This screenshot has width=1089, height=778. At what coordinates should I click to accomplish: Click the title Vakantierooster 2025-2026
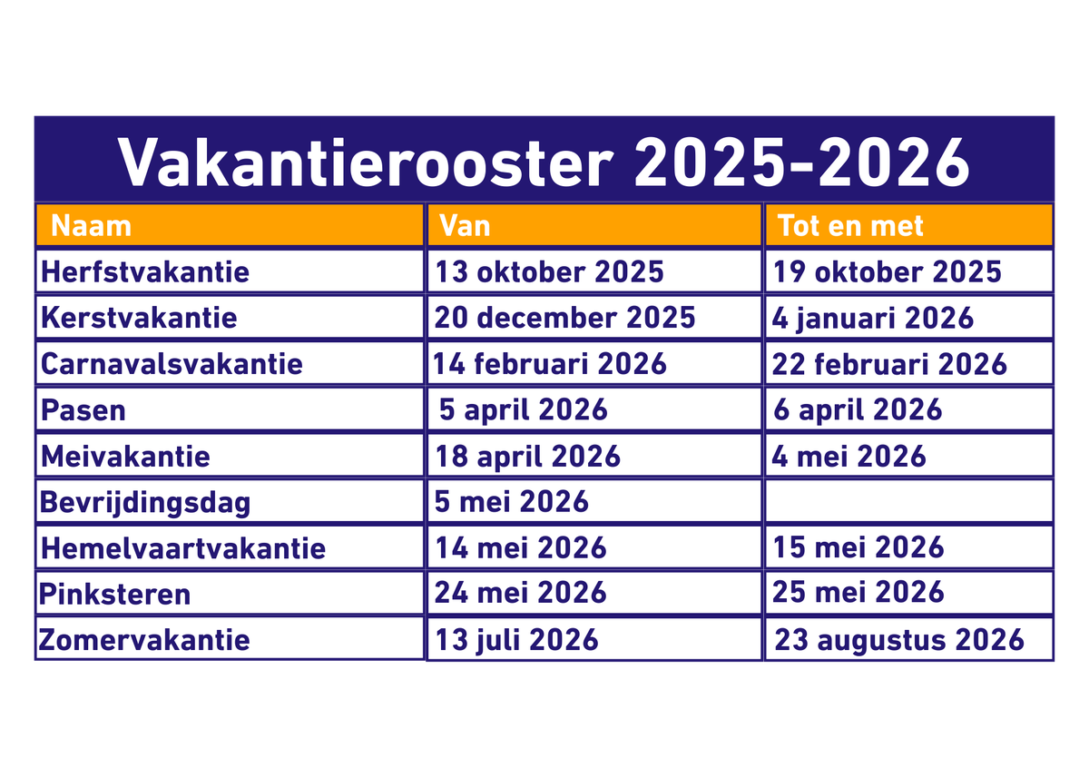544,162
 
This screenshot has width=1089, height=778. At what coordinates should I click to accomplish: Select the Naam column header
91,226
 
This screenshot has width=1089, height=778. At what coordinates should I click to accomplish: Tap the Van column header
465,226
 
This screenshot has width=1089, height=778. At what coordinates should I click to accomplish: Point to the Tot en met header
850,226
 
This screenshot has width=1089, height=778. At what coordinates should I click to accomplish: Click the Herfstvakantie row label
145,271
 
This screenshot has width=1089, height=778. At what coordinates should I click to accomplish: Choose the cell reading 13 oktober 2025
549,271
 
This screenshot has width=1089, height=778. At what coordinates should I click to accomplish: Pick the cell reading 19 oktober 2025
888,271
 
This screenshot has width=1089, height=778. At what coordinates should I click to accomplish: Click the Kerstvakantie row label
139,318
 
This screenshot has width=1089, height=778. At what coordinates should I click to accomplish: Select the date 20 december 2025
564,318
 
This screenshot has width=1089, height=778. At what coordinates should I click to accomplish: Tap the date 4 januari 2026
873,319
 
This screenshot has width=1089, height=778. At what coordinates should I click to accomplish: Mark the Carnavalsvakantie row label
172,364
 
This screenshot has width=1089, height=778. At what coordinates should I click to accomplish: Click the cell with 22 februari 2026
889,364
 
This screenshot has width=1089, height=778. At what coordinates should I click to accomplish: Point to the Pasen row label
83,410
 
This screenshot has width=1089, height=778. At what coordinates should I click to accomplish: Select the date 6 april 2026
858,410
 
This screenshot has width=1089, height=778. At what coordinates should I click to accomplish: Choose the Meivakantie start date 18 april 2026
527,457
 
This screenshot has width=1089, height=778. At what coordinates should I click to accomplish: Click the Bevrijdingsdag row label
145,503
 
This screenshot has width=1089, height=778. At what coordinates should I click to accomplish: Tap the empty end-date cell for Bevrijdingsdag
909,501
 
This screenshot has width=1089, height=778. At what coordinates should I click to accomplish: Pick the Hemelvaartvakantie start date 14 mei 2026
521,548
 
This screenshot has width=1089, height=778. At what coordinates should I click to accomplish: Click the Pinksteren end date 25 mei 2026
858,592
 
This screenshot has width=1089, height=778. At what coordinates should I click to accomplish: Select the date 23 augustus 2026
899,640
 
